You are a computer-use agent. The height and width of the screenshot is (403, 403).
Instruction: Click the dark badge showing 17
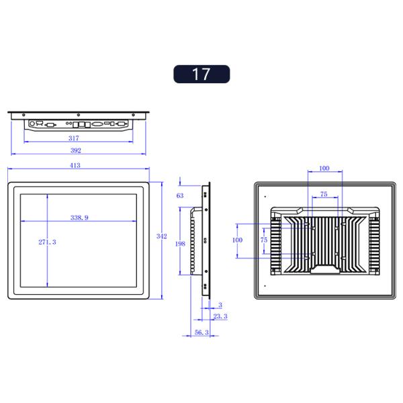(201, 74)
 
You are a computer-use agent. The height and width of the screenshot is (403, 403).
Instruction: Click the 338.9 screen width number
(81, 218)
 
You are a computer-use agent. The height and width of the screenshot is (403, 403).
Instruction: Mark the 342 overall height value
(161, 236)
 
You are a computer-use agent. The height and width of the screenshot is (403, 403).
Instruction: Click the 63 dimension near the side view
(180, 195)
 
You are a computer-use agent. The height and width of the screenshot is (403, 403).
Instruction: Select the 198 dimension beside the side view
(180, 244)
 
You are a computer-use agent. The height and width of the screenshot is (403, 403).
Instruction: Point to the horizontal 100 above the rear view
(324, 168)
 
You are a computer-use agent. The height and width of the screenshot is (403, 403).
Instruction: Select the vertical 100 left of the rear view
(236, 240)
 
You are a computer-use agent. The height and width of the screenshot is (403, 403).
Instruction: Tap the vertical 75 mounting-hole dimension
(264, 240)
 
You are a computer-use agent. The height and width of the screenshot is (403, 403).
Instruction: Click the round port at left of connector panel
(32, 124)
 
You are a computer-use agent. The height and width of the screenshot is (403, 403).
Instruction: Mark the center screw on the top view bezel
(79, 114)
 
